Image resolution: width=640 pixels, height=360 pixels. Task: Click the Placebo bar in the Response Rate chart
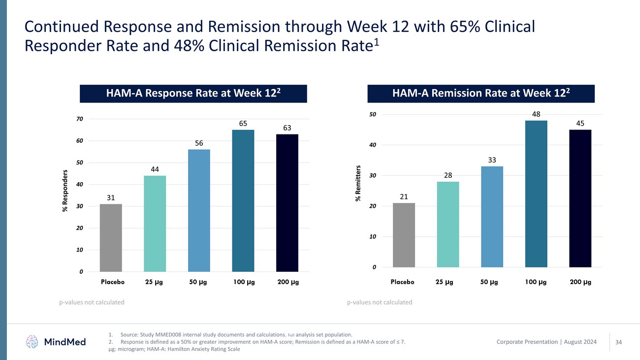coord(111,238)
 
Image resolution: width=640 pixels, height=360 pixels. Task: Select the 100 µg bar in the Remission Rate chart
coord(536,194)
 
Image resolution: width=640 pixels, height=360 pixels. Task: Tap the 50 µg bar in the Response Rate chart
coord(199,211)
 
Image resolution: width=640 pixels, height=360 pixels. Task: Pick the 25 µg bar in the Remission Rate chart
coord(448,225)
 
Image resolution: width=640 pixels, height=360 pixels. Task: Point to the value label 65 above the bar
coord(243,123)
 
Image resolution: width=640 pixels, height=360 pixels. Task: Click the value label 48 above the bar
coord(536,114)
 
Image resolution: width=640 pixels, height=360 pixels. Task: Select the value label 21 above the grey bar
coord(404,196)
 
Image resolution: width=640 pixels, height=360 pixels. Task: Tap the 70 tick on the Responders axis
coord(80,119)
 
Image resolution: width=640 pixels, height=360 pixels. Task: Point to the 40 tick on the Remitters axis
coord(373,145)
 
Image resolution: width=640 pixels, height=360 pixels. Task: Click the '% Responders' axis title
coord(65,191)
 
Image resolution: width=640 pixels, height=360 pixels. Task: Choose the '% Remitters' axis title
coord(358,183)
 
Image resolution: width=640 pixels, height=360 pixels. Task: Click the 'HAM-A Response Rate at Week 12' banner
coord(193,94)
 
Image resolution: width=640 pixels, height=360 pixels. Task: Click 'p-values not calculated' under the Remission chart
coord(380,302)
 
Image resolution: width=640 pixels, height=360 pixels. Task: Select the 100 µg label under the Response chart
coord(243,283)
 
